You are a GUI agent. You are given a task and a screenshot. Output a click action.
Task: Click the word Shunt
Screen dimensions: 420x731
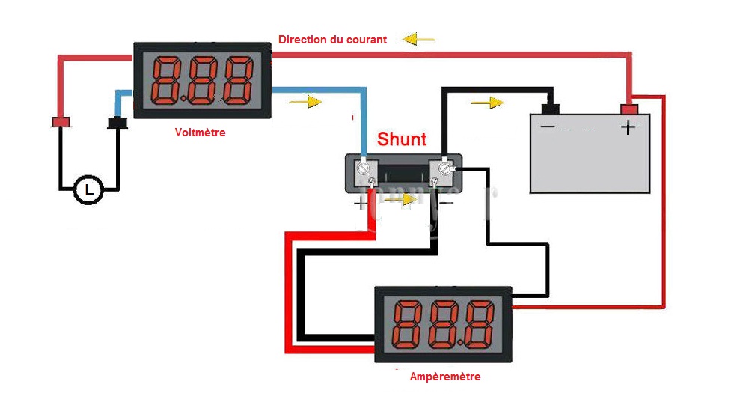tap(402, 139)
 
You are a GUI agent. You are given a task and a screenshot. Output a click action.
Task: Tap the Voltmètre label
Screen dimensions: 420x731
tap(200, 133)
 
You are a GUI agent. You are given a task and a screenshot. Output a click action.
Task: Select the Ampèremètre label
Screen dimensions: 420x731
tap(445, 377)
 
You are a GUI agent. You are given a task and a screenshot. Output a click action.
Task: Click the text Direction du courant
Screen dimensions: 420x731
tap(332, 40)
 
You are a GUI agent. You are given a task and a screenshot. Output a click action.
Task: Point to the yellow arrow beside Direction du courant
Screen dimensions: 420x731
tap(418, 39)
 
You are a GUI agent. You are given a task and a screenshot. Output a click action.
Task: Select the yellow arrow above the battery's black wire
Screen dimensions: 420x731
tap(487, 103)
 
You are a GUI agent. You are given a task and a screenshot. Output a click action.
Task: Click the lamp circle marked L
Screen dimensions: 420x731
tap(90, 190)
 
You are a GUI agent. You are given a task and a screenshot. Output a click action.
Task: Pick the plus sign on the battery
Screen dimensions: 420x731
tap(628, 127)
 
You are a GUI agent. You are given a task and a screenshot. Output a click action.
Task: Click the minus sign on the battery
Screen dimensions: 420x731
tap(548, 127)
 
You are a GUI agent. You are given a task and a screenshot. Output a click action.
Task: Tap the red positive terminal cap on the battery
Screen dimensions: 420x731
tap(629, 110)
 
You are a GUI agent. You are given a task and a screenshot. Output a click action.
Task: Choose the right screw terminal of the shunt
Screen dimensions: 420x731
tap(444, 169)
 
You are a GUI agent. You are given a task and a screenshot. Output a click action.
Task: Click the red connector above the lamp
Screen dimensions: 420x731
tap(60, 122)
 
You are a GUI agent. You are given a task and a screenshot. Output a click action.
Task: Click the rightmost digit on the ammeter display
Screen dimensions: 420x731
tap(479, 324)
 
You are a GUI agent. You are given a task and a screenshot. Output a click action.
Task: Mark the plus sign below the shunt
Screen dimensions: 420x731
tap(361, 202)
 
